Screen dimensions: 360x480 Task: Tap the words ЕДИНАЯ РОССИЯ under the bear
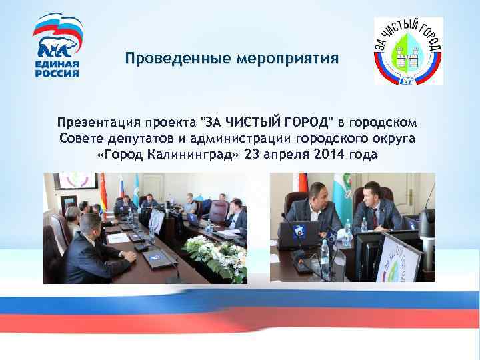tap(57, 69)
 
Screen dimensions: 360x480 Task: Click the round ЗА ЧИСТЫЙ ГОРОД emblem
tap(407, 51)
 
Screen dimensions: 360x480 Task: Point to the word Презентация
tap(99, 123)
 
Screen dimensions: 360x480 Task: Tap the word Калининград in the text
tap(193, 155)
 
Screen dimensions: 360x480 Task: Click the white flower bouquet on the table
tap(215, 251)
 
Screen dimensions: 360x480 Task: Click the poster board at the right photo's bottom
tap(393, 260)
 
